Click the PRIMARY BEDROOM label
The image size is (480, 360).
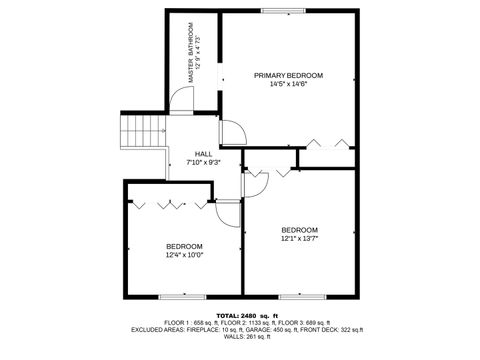pos(288,76)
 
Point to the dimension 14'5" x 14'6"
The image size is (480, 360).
pos(288,85)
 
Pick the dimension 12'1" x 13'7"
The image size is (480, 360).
pos(299,238)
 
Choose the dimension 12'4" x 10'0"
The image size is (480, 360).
pos(184,255)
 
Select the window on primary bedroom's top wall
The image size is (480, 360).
pos(285,11)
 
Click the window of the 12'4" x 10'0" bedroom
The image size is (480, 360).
pos(181,296)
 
